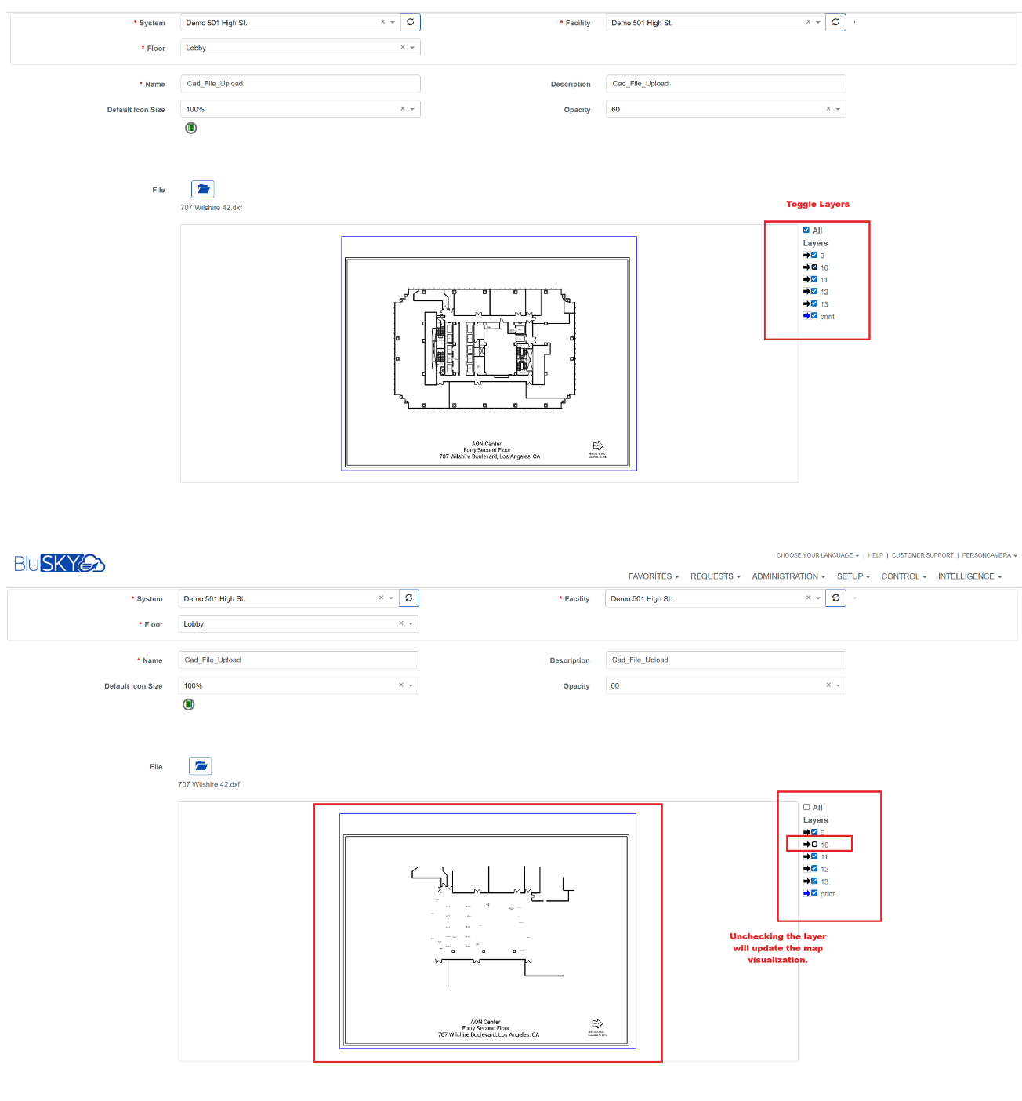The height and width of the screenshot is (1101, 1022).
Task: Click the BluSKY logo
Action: pos(60,563)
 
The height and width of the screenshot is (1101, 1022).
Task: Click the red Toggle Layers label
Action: pos(817,204)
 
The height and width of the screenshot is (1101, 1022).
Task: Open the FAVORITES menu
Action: pos(653,576)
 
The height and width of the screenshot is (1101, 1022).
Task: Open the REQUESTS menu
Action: pos(715,576)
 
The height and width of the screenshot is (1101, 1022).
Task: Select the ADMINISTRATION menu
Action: pos(788,576)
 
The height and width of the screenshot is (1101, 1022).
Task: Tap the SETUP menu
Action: pos(853,576)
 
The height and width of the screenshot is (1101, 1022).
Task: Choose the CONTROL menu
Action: pos(904,576)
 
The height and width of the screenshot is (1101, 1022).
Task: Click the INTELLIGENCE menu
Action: pos(969,576)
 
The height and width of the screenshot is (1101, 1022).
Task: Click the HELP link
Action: pos(875,555)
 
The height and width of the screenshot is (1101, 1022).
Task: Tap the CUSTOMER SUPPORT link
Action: pos(922,555)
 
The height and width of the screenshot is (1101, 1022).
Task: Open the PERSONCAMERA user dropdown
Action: pos(989,555)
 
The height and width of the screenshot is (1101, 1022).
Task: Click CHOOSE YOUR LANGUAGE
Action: pos(817,555)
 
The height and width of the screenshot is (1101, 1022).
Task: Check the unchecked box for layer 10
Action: pos(814,845)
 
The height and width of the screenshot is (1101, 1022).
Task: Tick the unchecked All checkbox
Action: pos(806,807)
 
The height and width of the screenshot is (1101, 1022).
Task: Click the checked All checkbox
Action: pos(806,230)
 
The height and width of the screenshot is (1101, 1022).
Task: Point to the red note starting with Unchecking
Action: pos(777,948)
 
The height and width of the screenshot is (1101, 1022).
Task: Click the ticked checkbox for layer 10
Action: pos(814,267)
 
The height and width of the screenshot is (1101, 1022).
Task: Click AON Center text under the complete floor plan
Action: pos(487,444)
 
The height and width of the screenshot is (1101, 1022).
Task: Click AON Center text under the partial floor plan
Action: pos(486,1022)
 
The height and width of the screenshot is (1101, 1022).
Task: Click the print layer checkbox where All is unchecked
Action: pos(814,893)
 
